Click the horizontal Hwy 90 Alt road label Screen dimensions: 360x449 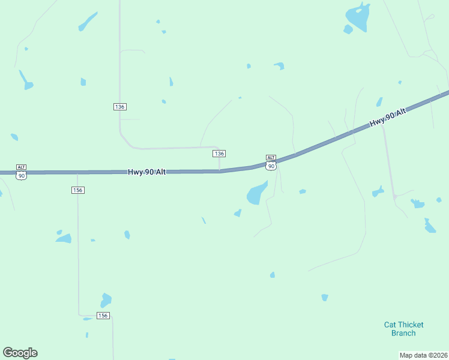tap(146, 172)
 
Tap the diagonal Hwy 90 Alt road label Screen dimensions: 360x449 tap(388, 118)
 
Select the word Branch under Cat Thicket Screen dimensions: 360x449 tap(403, 333)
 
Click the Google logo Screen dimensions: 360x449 tap(20, 353)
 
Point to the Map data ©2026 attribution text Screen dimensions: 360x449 tap(424, 355)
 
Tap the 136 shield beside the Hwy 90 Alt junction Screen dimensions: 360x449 tap(219, 154)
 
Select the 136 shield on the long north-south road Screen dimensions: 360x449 tap(119, 106)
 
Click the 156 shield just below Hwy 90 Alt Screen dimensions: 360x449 tap(77, 190)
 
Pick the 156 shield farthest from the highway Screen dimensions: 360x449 tap(103, 315)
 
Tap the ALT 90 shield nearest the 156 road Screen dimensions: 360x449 tap(22, 172)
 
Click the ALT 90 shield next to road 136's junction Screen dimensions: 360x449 tap(271, 162)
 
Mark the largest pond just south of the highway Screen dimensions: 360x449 tap(256, 193)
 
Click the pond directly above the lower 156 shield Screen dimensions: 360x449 tap(106, 299)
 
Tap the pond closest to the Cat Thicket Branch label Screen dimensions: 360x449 tap(325, 297)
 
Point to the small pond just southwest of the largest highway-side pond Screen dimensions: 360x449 tap(238, 212)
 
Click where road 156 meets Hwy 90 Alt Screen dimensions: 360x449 tap(77, 173)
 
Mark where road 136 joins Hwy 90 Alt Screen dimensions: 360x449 tap(220, 171)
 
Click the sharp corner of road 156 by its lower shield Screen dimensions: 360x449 tap(79, 314)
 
